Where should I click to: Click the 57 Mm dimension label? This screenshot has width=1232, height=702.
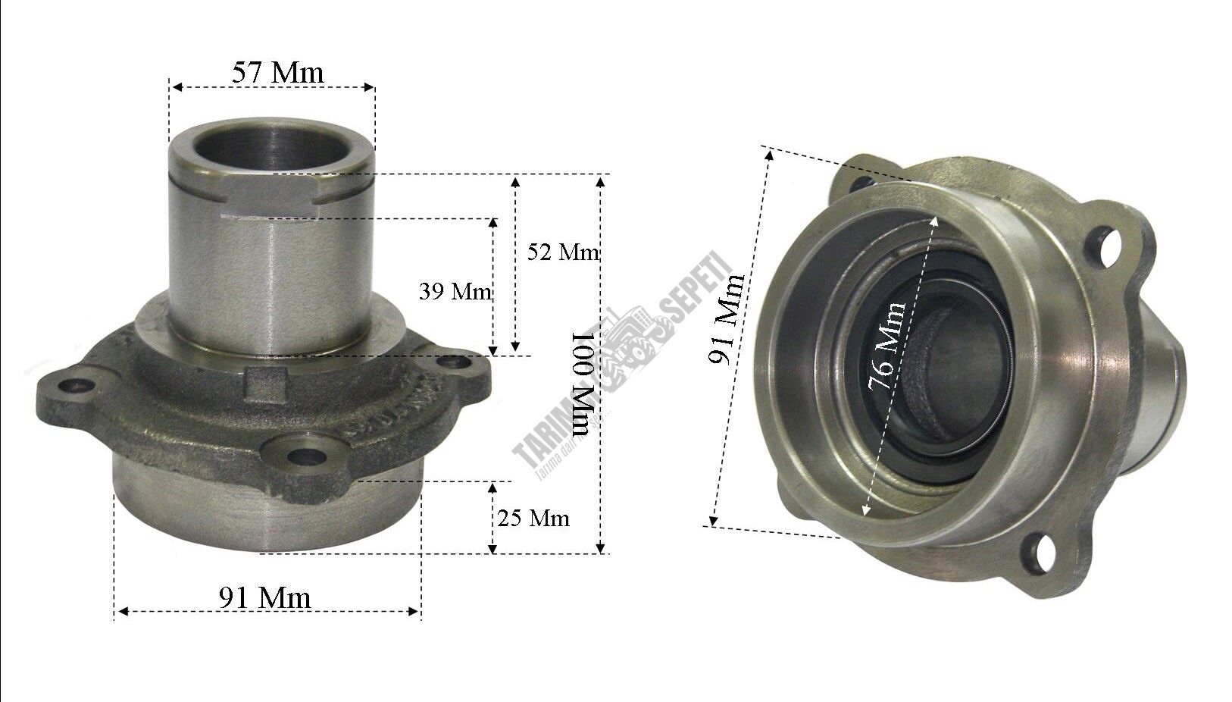click(x=277, y=72)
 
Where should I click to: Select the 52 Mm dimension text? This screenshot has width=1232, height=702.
click(x=562, y=252)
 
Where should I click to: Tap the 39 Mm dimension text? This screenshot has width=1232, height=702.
click(x=455, y=291)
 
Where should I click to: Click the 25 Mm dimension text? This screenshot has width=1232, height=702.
click(x=533, y=518)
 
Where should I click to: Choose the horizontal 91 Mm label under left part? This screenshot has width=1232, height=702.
click(x=265, y=597)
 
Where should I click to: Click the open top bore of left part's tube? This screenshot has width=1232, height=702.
click(x=270, y=147)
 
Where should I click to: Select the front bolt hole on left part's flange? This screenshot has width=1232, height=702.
click(x=306, y=456)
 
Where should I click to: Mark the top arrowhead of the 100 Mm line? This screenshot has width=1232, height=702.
click(x=601, y=180)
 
